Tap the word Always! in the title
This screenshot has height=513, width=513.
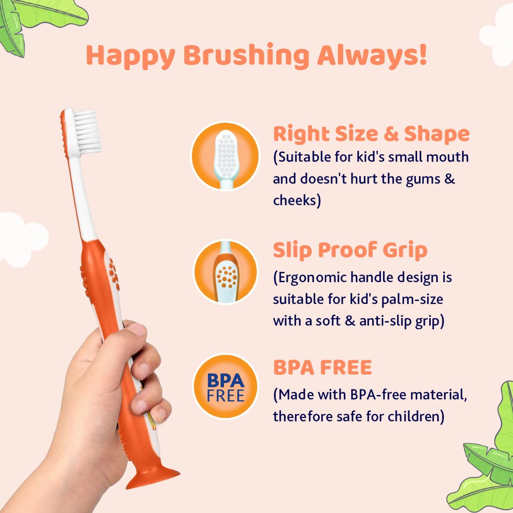(x=372, y=56)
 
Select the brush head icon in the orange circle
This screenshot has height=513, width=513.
(x=225, y=156)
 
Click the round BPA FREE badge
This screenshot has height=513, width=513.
(x=225, y=386)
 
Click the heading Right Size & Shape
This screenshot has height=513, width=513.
(x=371, y=134)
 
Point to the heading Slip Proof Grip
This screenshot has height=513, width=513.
(x=350, y=250)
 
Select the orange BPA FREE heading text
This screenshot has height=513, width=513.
(x=322, y=368)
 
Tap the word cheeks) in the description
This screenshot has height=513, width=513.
(x=297, y=200)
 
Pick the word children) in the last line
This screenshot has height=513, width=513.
(x=416, y=416)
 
